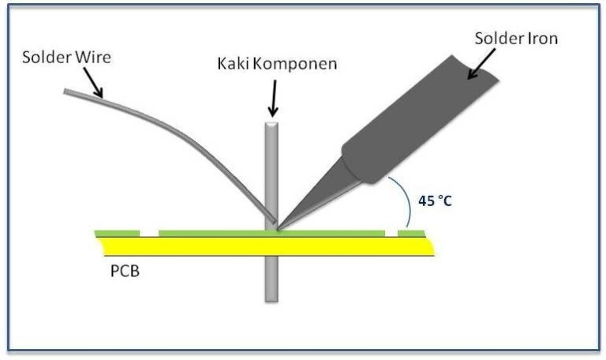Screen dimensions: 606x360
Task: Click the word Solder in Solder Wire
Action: (47, 57)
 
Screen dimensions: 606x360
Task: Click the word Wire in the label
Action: (93, 57)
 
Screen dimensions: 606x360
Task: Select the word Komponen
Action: (295, 64)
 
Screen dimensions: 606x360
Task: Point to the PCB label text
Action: (125, 271)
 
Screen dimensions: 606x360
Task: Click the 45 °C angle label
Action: (436, 201)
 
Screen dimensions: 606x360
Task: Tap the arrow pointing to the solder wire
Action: (93, 83)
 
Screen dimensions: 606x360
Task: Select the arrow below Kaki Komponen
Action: (273, 98)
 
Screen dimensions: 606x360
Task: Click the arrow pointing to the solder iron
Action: (481, 64)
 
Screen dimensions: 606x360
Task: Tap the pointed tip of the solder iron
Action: (278, 229)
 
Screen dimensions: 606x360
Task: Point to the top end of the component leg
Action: (271, 124)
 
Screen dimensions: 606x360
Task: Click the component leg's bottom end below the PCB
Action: (271, 300)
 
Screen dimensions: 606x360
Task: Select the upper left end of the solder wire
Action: (65, 92)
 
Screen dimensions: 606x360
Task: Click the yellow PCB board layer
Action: (266, 246)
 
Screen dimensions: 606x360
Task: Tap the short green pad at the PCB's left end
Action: (117, 234)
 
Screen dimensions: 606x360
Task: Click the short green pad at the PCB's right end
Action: (411, 234)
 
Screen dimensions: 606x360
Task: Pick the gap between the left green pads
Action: (149, 234)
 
